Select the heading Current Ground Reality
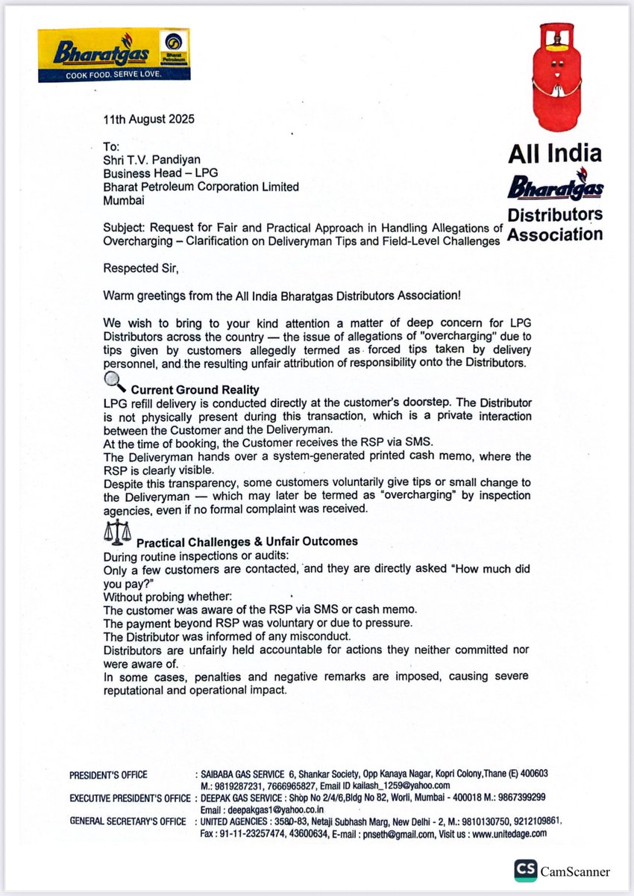click(x=195, y=389)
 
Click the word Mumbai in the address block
click(x=125, y=200)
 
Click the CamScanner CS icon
click(x=525, y=871)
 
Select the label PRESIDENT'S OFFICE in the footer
click(x=108, y=774)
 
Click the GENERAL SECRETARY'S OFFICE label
click(x=128, y=821)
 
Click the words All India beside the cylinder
click(x=555, y=154)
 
